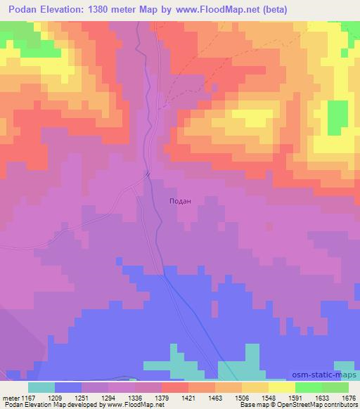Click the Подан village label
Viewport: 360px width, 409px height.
tap(181, 200)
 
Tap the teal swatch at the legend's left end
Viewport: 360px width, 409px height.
tap(41, 387)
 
